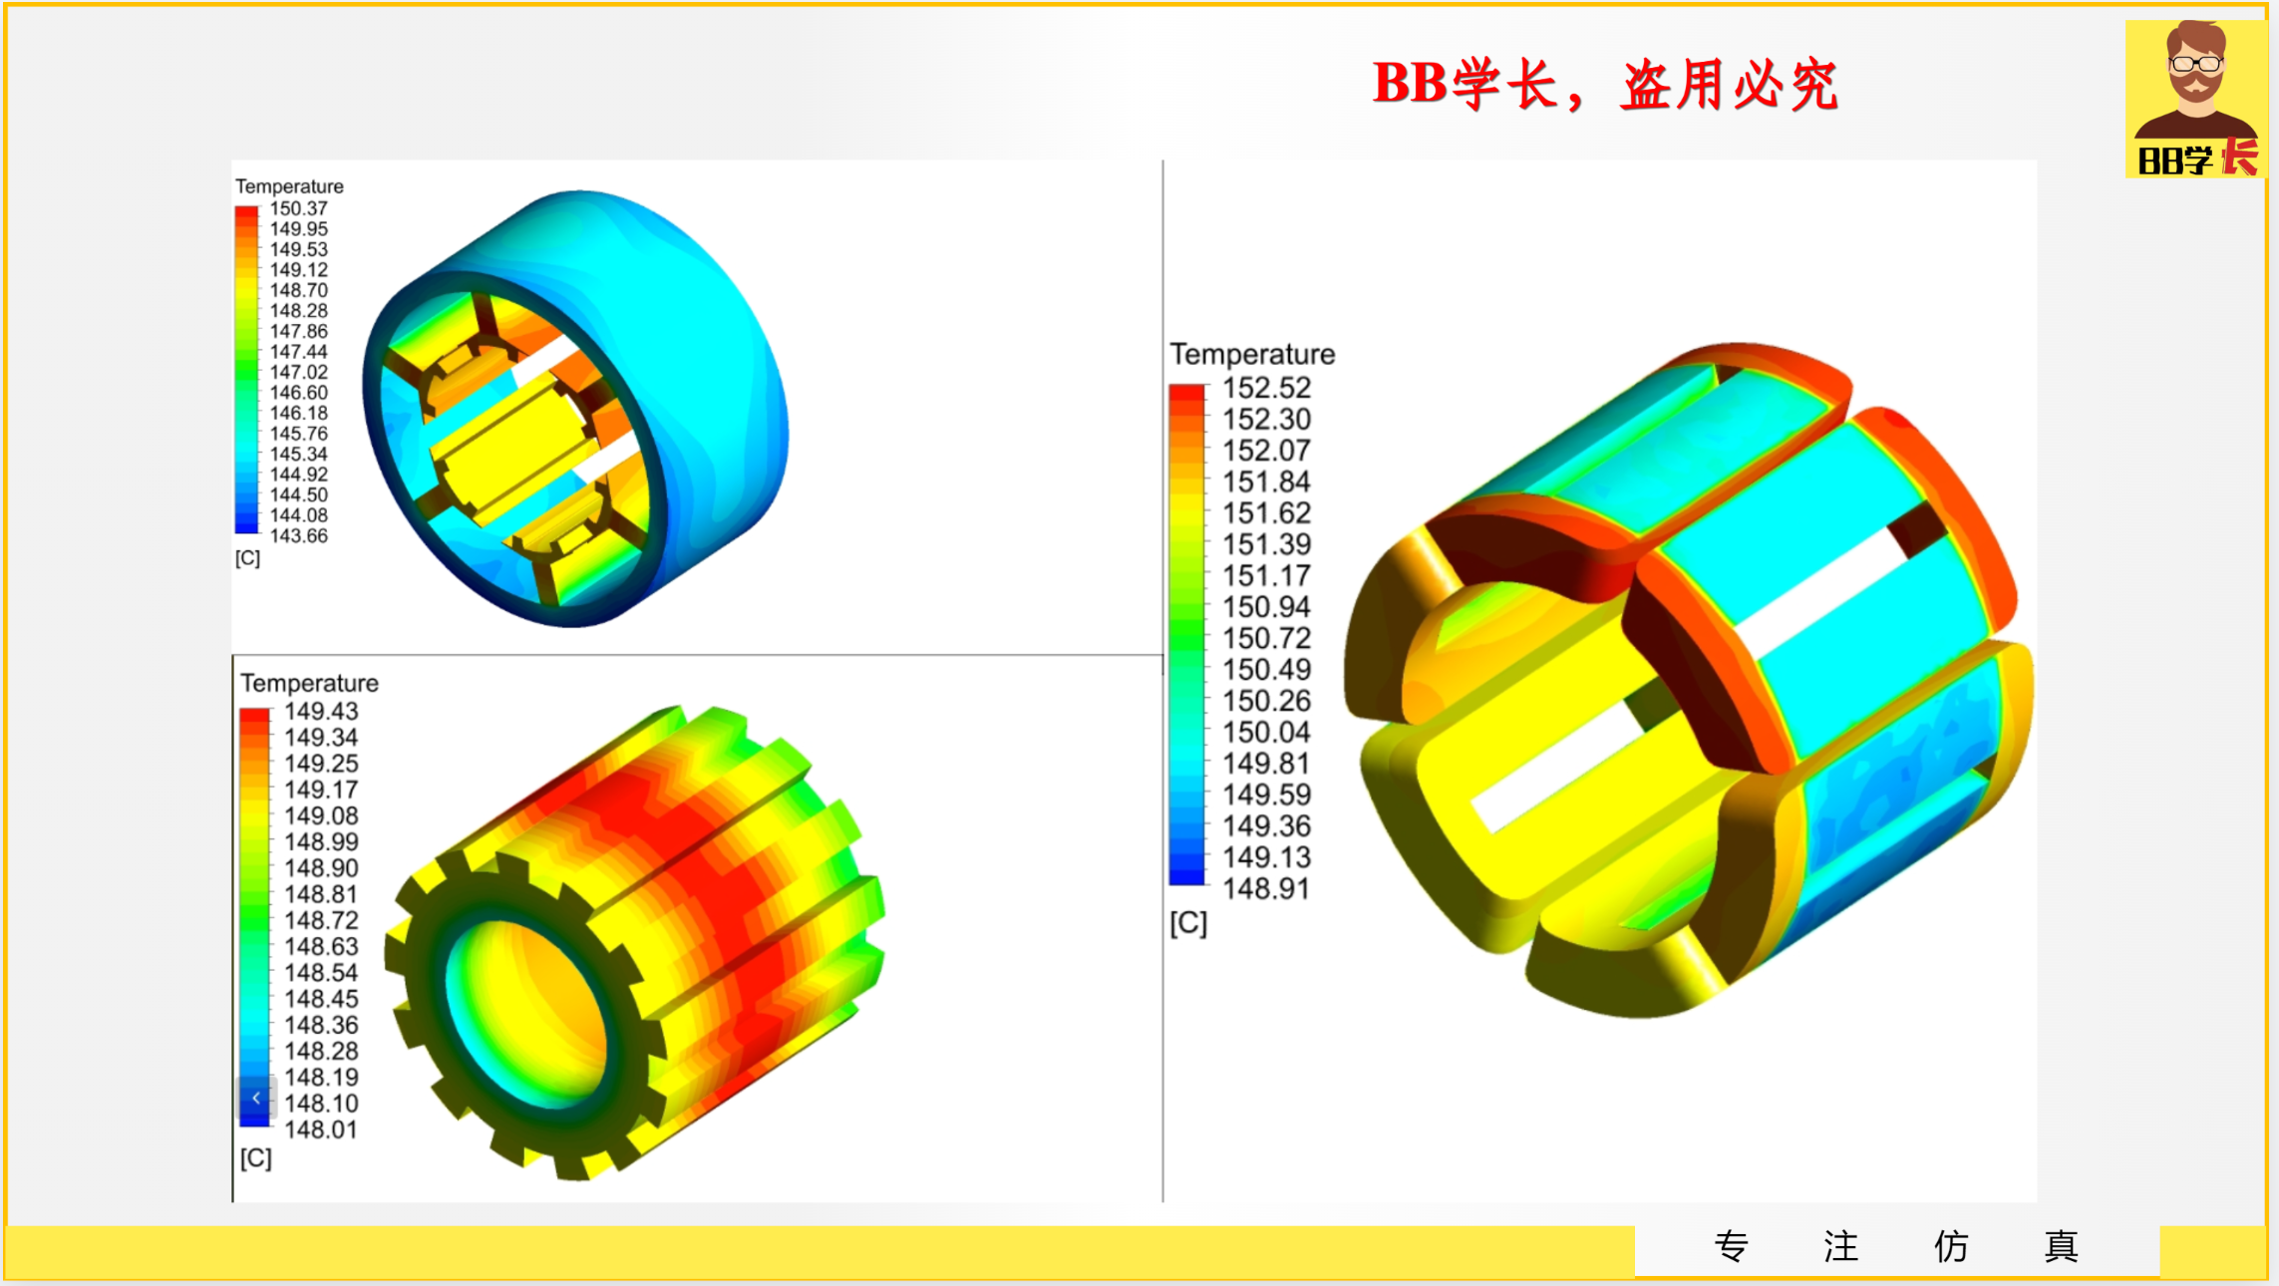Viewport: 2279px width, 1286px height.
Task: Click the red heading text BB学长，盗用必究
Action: tap(1606, 85)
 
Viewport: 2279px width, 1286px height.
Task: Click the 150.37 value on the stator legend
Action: tap(299, 208)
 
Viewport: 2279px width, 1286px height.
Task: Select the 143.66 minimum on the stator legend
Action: tap(299, 535)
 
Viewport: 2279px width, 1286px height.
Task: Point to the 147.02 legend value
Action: tap(299, 372)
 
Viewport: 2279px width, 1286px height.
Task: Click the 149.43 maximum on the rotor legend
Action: tap(321, 711)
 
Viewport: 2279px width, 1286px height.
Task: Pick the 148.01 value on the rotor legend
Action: tap(321, 1129)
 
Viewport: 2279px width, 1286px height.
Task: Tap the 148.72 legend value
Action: tap(321, 920)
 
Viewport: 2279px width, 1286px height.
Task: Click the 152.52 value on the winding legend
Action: tap(1267, 388)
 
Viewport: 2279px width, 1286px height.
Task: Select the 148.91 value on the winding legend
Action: tap(1267, 888)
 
